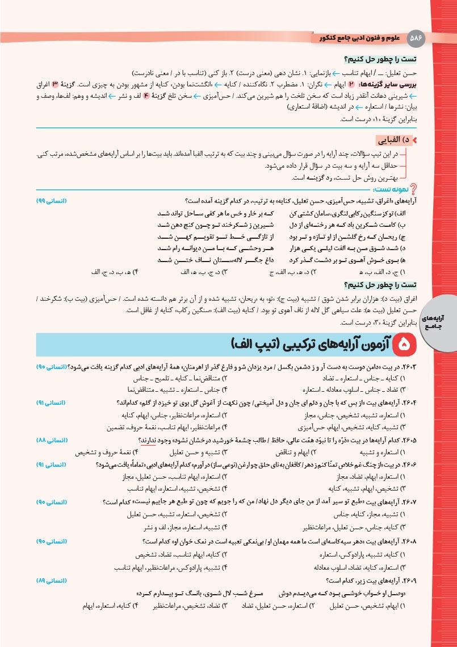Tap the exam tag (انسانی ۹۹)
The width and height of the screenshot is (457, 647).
point(52,201)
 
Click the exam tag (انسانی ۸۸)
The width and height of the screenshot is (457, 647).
point(52,441)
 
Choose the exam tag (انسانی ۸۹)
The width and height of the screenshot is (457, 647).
point(52,580)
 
